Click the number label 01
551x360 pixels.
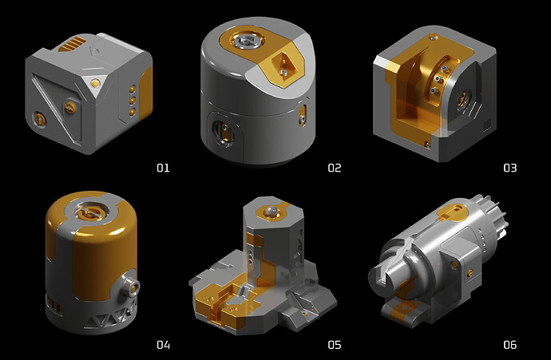[x=163, y=168]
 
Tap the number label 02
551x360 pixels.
[x=334, y=168]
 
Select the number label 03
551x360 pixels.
[x=510, y=168]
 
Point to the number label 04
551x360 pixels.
[x=163, y=345]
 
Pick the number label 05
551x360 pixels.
[x=334, y=345]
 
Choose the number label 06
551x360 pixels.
[x=510, y=345]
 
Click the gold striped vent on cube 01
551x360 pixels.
[x=73, y=44]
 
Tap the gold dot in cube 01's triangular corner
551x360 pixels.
[x=94, y=83]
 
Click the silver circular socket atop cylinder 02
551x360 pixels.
[x=245, y=41]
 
